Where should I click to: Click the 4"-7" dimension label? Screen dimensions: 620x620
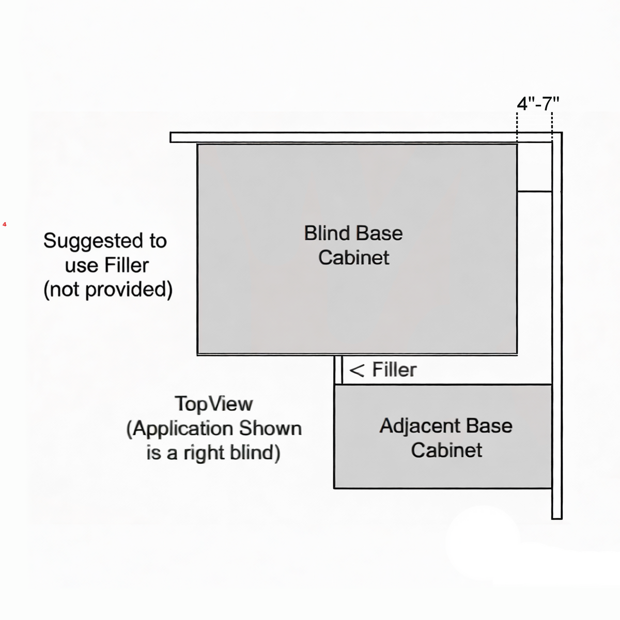[x=538, y=104]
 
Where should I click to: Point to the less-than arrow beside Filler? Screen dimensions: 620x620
[x=357, y=370]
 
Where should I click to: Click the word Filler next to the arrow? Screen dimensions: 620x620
[x=394, y=370]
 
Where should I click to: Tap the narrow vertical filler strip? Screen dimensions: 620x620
[x=338, y=369]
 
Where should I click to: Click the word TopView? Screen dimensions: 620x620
[x=213, y=404]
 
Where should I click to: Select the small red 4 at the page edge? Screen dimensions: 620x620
[x=5, y=224]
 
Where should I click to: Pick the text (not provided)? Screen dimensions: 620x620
[x=108, y=289]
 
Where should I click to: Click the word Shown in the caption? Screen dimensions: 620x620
[x=270, y=428]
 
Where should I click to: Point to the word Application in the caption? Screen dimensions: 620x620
[x=183, y=429]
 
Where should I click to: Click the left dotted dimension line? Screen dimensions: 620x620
[x=517, y=127]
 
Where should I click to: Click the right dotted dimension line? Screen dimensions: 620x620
[x=552, y=127]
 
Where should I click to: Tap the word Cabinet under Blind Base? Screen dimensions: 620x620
[x=353, y=258]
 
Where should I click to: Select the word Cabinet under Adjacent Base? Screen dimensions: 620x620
[x=446, y=450]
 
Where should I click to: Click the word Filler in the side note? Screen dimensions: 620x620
[x=126, y=266]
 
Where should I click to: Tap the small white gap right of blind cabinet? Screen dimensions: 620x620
[x=535, y=167]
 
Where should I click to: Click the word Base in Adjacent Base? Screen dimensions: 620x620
[x=489, y=426]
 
